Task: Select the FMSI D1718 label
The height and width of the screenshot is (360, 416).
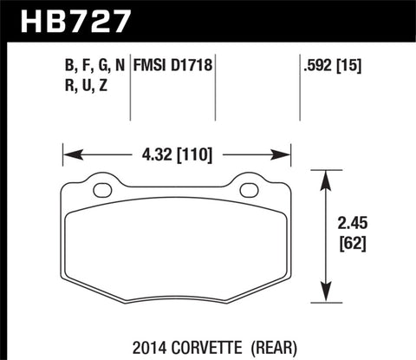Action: pos(173,63)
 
